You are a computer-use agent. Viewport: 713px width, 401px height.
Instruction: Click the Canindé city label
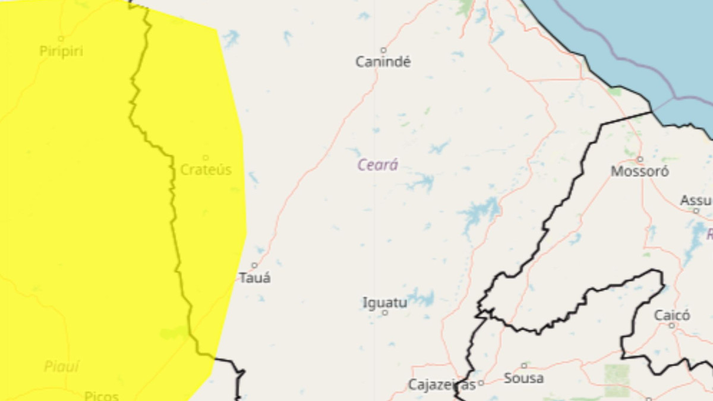(x=383, y=62)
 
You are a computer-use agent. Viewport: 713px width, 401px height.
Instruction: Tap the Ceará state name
(x=377, y=165)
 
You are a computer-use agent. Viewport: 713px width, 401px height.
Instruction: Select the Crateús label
(x=206, y=170)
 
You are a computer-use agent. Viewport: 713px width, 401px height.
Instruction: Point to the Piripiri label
(x=61, y=51)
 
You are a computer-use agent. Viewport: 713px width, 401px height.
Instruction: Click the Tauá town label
(x=255, y=277)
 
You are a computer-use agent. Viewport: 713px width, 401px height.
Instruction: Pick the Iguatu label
(x=385, y=303)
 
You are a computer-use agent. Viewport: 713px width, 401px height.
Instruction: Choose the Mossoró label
(x=640, y=172)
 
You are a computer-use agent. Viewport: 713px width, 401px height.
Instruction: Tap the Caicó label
(x=672, y=315)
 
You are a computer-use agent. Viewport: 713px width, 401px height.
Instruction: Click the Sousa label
(x=523, y=378)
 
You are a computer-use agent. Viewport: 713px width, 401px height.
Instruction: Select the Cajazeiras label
(x=441, y=385)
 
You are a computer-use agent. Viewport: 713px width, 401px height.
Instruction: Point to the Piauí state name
(x=62, y=367)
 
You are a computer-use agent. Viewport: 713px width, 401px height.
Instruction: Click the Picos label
(x=101, y=396)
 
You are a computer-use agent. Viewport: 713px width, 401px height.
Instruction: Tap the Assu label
(x=695, y=201)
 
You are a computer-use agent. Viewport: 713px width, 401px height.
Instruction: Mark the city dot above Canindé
(x=383, y=50)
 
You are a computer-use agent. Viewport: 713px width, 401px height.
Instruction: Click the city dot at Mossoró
(x=640, y=159)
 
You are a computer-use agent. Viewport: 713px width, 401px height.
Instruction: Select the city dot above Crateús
(x=206, y=158)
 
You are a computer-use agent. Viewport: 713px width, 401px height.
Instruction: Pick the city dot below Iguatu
(x=385, y=312)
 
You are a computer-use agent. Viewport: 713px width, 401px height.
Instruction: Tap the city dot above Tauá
(x=254, y=266)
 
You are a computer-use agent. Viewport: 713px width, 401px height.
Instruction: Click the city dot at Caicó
(x=672, y=326)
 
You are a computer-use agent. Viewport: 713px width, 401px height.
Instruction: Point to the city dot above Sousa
(x=524, y=366)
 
